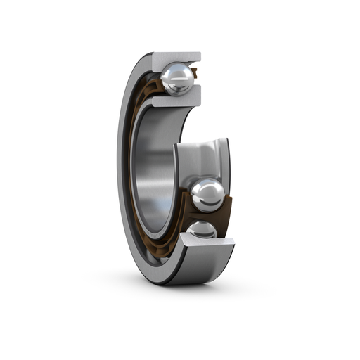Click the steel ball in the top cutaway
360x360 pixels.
[x=176, y=77]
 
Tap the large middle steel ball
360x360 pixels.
[x=207, y=194]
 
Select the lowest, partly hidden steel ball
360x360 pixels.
[x=202, y=229]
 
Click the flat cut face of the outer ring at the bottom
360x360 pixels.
[x=207, y=243]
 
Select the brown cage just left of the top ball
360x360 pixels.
[x=156, y=81]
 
